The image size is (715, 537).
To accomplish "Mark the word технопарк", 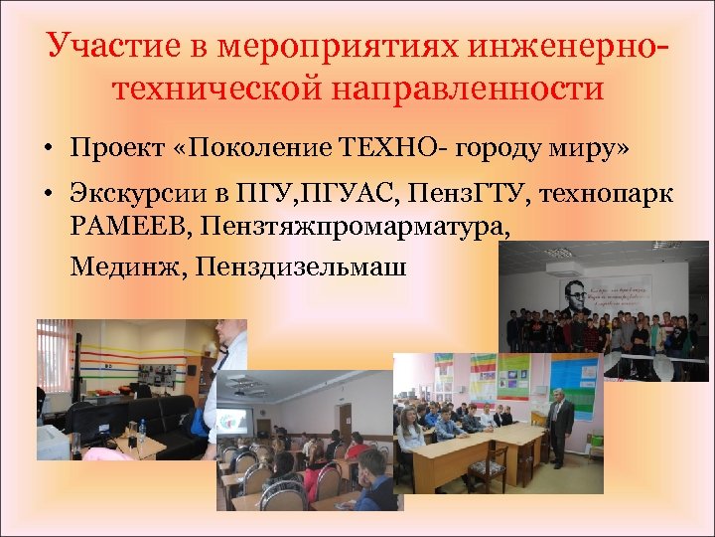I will (x=620, y=193).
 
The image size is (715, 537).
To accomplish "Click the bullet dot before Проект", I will (x=47, y=150).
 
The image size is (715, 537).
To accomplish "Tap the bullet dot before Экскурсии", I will (x=47, y=194).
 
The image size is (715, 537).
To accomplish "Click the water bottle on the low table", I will (x=141, y=431).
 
